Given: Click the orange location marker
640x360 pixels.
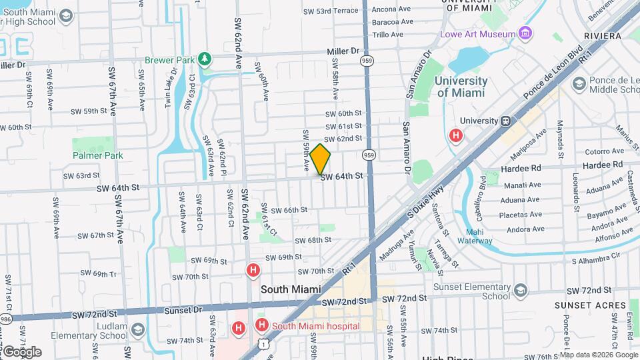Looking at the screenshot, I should point(320,159).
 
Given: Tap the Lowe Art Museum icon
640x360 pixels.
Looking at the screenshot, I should point(525,33).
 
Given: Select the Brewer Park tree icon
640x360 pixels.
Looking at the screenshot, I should point(206,60).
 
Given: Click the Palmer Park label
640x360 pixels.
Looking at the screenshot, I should point(98,155).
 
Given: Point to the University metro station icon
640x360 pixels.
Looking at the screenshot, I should point(506,121).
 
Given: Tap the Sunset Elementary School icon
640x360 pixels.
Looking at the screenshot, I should point(520,291).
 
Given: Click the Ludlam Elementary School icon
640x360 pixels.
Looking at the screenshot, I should point(137,330).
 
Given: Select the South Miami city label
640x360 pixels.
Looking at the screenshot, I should point(291,290).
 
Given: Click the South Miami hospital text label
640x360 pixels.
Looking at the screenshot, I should point(316,326).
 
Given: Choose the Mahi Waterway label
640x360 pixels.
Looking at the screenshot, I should point(474,237).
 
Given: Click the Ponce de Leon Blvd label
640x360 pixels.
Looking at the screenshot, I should point(555,71).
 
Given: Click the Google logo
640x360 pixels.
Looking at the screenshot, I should point(21,351).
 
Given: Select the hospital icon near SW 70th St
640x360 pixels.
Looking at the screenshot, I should point(253,271).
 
